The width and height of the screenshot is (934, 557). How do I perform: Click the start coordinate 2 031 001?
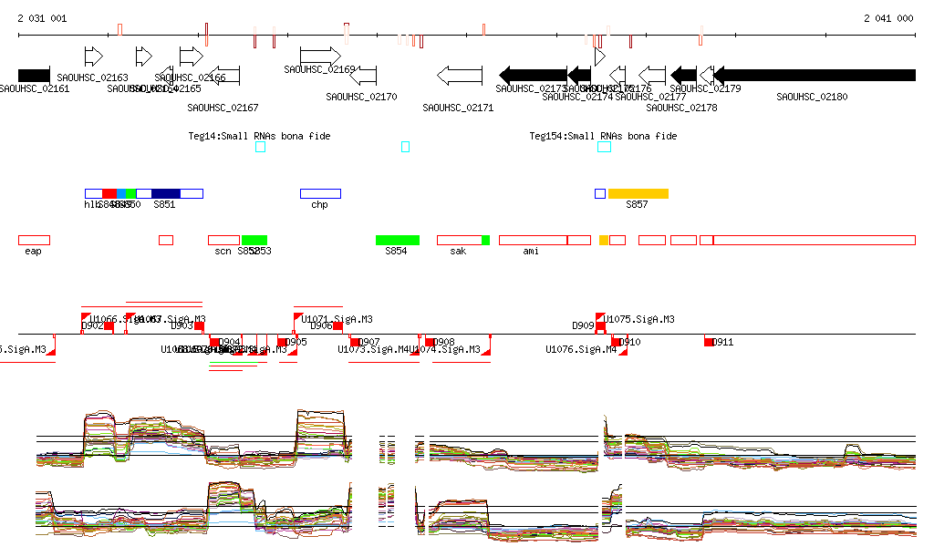(x=42, y=18)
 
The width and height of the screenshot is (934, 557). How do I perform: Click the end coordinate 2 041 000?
(x=888, y=18)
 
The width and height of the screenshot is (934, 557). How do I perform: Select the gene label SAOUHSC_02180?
(x=811, y=97)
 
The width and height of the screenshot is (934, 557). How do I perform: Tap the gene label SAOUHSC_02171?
(x=458, y=108)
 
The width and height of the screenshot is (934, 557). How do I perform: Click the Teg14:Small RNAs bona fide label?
(x=259, y=136)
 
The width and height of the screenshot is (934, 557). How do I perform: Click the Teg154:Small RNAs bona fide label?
(x=603, y=136)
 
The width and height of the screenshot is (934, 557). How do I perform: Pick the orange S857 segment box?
(x=638, y=193)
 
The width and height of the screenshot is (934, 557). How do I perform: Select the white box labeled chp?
(x=320, y=193)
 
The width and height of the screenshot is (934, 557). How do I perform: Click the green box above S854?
(x=397, y=240)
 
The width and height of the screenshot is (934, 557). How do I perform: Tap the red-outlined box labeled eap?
(x=34, y=240)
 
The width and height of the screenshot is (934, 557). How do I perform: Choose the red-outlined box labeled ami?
(x=533, y=240)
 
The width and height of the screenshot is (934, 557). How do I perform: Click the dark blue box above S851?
(x=165, y=193)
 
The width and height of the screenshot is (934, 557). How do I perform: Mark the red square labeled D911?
(x=709, y=342)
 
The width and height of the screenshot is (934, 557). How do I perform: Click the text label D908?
(x=444, y=342)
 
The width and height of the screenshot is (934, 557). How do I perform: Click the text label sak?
(x=458, y=251)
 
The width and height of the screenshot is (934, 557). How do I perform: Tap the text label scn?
(x=223, y=251)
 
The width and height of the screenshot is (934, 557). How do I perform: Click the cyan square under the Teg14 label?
(x=260, y=147)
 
